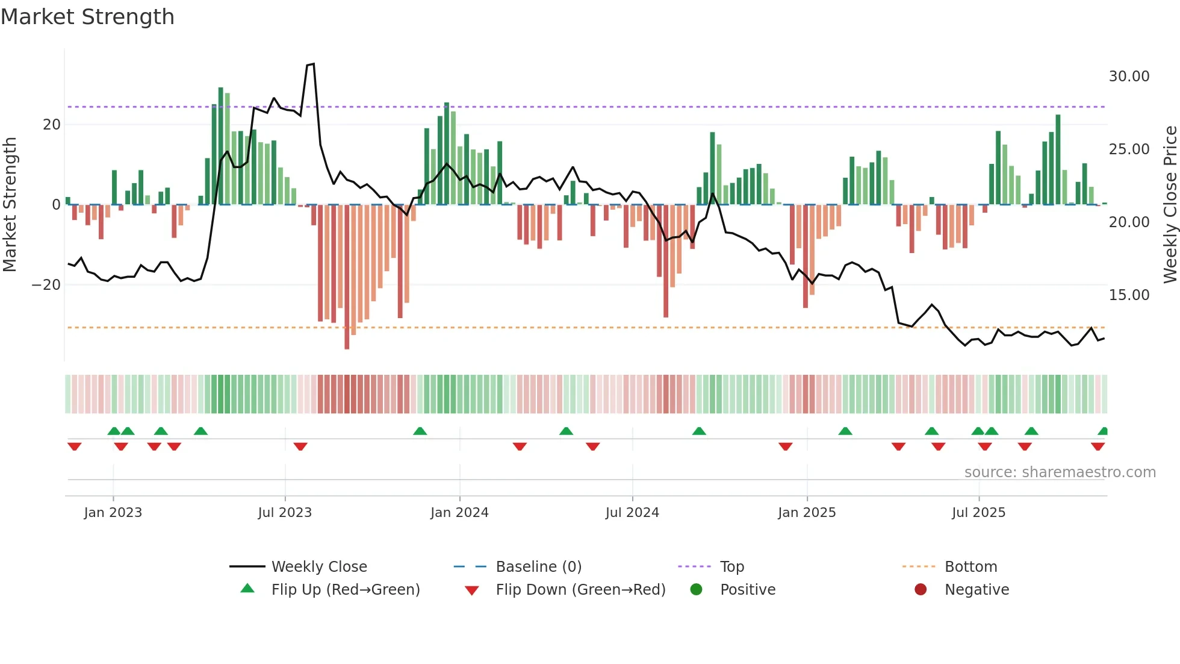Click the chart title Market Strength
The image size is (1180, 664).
[x=87, y=17]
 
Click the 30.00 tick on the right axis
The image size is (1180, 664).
[x=1129, y=77]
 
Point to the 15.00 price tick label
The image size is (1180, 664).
[x=1129, y=295]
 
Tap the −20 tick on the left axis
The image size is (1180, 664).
[x=46, y=285]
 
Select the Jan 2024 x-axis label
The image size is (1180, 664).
[x=459, y=513]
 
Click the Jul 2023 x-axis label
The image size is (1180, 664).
[x=285, y=513]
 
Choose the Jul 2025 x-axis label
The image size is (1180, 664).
[x=978, y=513]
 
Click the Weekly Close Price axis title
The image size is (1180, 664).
[x=1170, y=205]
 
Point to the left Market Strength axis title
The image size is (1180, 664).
[x=10, y=205]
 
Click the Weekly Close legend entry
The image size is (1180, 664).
[x=318, y=567]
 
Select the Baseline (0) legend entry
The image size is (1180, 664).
[x=538, y=567]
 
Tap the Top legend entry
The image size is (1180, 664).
[x=731, y=567]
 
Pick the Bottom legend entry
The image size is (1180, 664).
[x=970, y=567]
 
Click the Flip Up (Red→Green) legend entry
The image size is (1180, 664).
[x=345, y=590]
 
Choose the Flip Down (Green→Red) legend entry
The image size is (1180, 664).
[x=580, y=590]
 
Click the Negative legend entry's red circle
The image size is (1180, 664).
[x=921, y=589]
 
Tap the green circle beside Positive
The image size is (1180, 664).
[x=696, y=589]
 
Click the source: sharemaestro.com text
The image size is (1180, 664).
[x=1060, y=472]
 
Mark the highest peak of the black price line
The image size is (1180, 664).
[x=313, y=64]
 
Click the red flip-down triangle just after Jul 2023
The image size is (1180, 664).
[x=300, y=446]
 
